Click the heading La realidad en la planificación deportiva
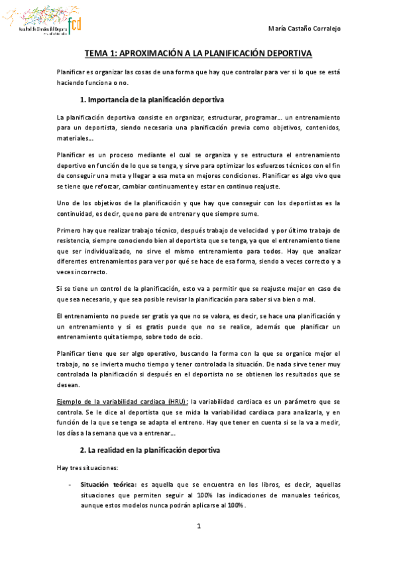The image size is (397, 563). point(156,451)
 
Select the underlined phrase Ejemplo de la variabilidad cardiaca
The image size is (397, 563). point(109,402)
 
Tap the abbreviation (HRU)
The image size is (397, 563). point(177,402)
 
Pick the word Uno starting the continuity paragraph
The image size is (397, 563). point(65,203)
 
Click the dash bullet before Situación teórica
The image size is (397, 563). point(70,486)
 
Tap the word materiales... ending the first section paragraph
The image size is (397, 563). point(76,139)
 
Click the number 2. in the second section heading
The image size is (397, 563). point(82,451)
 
